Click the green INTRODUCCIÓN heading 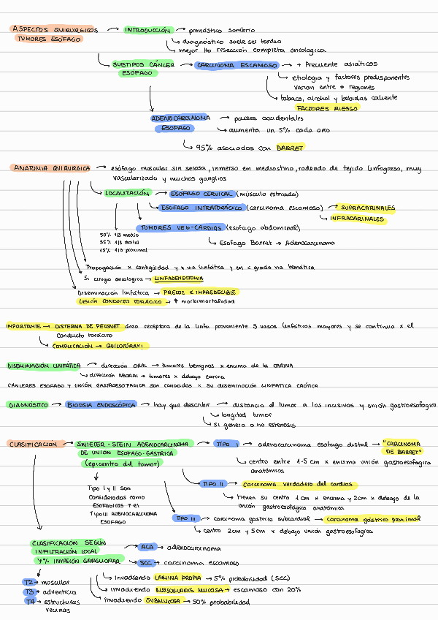[x=147, y=31]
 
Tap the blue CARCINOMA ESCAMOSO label [x=237, y=65]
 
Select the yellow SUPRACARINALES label [x=367, y=207]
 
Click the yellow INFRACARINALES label [x=357, y=218]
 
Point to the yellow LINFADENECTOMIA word [x=179, y=279]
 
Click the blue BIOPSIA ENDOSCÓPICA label [x=100, y=404]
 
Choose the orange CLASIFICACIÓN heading [x=34, y=444]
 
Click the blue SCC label [x=145, y=563]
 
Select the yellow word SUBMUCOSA [x=162, y=602]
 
